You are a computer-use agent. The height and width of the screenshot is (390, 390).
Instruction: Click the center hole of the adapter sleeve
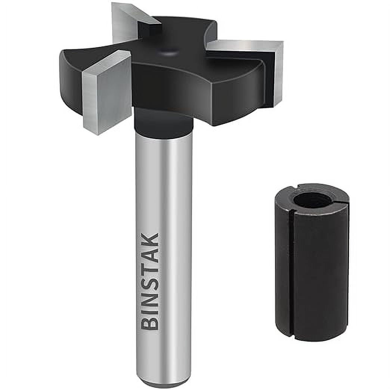pos(312,199)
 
